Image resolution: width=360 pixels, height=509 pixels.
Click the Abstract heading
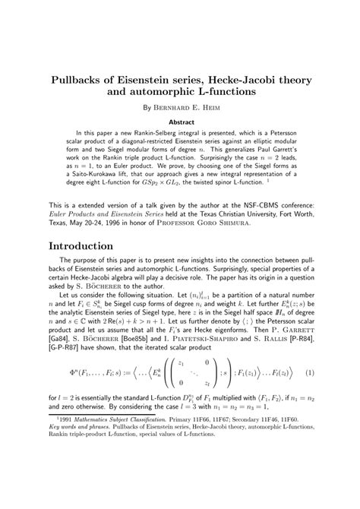click(x=180, y=122)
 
